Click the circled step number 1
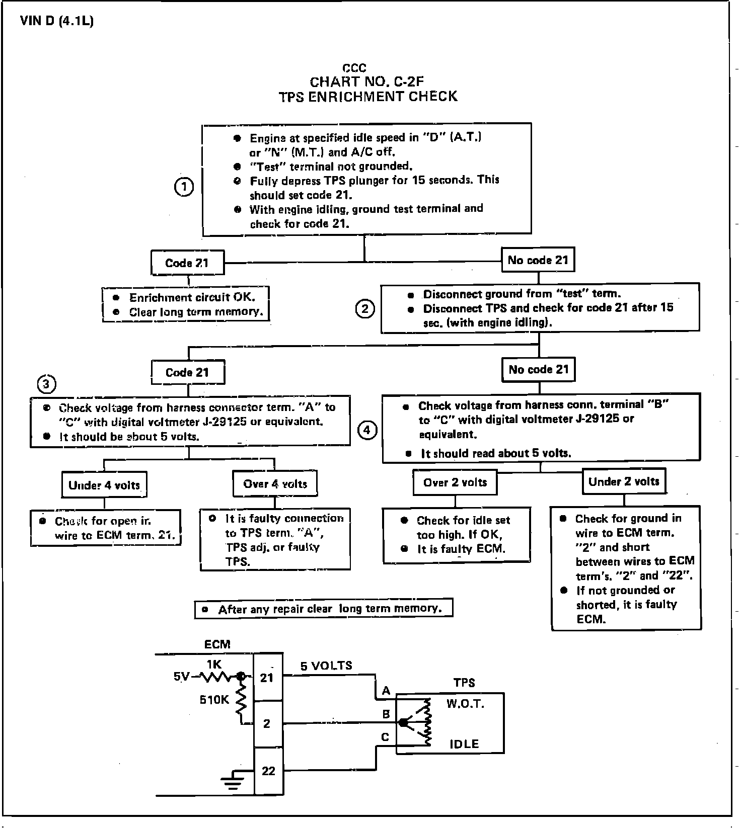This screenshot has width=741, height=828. pos(184,188)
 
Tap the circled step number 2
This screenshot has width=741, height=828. pos(365,308)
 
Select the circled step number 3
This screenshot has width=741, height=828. pos(46,385)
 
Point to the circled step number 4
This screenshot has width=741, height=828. pos(367,430)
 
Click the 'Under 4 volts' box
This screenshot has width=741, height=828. pos(104,485)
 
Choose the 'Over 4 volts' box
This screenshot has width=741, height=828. pos(275,484)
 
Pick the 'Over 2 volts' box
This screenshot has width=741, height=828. pos(455,483)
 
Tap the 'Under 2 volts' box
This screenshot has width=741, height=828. pos(624,481)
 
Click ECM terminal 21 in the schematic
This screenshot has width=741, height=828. pos(267,678)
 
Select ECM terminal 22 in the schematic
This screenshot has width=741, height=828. pos(268,771)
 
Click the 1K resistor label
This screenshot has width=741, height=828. pos(214,665)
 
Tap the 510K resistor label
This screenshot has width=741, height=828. pos(214,699)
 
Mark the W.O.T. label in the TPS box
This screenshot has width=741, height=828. pos(465,704)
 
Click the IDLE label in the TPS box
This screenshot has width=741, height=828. pos(464,744)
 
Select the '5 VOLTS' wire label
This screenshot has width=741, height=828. pos(326,666)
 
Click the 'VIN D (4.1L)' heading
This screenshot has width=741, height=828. pos(57,22)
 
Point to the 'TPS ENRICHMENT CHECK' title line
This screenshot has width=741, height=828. pos(368,97)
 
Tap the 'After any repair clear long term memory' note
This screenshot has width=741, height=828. pos(324,609)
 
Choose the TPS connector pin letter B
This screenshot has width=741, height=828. pos(386,714)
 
